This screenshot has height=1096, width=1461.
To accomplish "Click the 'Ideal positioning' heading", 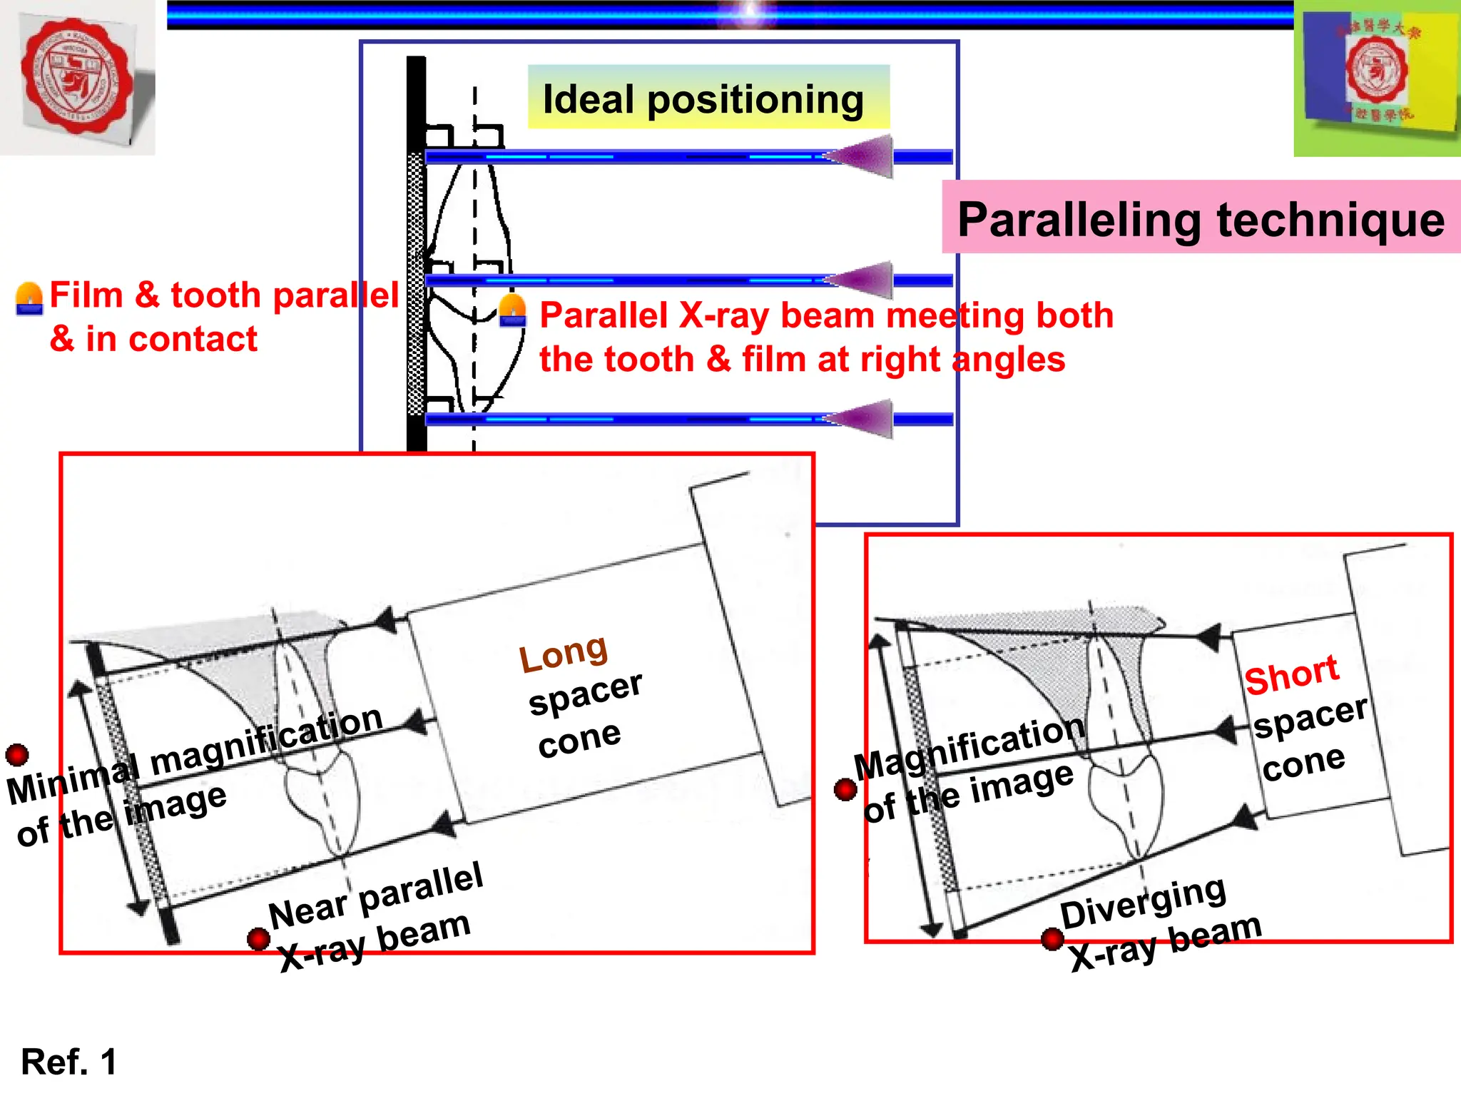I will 703,99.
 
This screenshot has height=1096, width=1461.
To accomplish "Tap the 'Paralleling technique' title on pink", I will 1201,219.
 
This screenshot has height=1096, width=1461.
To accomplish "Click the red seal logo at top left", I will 77,76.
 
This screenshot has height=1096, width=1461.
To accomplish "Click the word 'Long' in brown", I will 563,653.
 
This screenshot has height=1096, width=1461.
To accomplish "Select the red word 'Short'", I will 1291,674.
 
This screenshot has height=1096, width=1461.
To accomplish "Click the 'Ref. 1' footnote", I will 68,1062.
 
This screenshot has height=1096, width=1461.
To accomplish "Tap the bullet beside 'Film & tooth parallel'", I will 29,298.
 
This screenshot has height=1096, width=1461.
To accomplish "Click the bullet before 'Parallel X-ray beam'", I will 513,311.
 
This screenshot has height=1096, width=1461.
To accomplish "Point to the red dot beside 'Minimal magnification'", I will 17,754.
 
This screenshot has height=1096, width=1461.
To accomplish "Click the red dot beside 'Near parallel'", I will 258,938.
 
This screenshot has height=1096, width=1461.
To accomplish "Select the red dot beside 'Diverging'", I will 1052,939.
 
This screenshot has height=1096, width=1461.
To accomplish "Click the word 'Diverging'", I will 1143,903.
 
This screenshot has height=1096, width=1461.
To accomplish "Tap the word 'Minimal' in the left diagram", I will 71,780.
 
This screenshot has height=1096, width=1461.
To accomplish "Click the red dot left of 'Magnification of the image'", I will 845,789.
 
